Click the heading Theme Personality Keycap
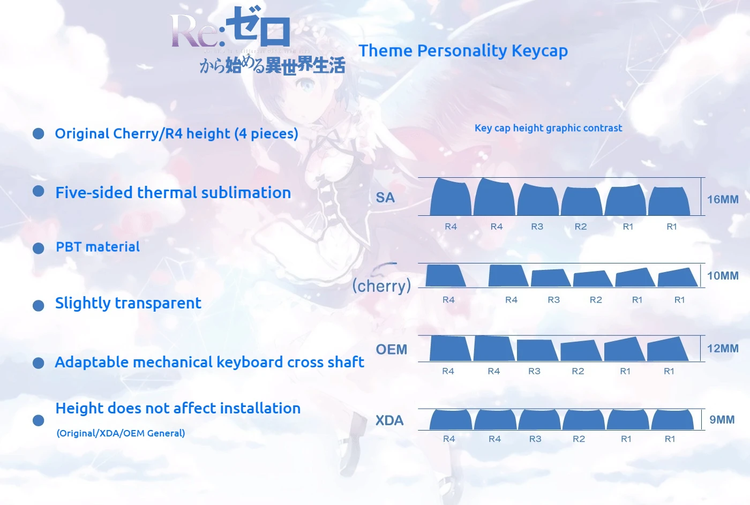pyautogui.click(x=463, y=51)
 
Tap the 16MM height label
pyautogui.click(x=723, y=199)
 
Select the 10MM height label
pyautogui.click(x=723, y=276)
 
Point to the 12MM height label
pyautogui.click(x=723, y=349)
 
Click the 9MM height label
pyautogui.click(x=722, y=419)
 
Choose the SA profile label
pyautogui.click(x=385, y=198)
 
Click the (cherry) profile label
pyautogui.click(x=381, y=285)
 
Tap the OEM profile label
pyautogui.click(x=392, y=349)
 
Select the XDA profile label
pyautogui.click(x=389, y=420)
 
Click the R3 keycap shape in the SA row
pyautogui.click(x=538, y=200)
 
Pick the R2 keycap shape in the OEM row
pyautogui.click(x=581, y=351)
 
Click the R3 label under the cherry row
pyautogui.click(x=554, y=299)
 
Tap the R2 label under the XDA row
pyautogui.click(x=579, y=439)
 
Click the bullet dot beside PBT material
pyautogui.click(x=39, y=248)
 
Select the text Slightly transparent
pyautogui.click(x=128, y=303)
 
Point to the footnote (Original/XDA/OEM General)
pyautogui.click(x=121, y=433)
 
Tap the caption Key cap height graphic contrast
pyautogui.click(x=549, y=128)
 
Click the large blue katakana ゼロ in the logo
pyautogui.click(x=258, y=27)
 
